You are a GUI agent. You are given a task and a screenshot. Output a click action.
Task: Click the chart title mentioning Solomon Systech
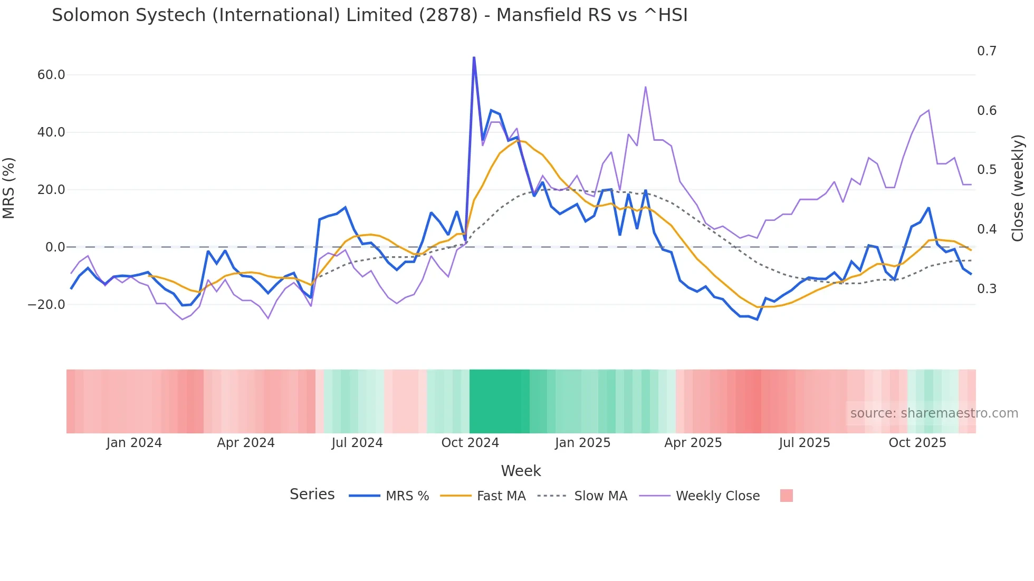[x=369, y=15]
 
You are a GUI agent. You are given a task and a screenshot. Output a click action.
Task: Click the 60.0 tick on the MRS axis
[x=51, y=75]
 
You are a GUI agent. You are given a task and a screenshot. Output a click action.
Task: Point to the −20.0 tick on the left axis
[x=47, y=305]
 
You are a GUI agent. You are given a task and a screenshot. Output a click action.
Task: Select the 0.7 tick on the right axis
[x=987, y=51]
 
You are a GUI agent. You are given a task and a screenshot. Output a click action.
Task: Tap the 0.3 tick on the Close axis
[x=987, y=289]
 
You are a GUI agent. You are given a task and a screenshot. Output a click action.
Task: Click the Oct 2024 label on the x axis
[x=470, y=443]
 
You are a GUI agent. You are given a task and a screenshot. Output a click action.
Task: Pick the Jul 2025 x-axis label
[x=804, y=443]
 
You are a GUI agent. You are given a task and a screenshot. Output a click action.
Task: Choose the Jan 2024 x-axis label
[x=134, y=443]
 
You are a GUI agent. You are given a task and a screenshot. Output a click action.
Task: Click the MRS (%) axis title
[x=8, y=188]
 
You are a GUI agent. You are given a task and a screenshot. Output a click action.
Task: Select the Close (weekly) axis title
[x=1018, y=188]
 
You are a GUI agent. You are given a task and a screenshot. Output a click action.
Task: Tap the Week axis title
[x=521, y=471]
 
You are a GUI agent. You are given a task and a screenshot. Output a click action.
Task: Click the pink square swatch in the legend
[x=786, y=496]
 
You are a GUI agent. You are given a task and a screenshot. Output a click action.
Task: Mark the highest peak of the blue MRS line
[x=474, y=57]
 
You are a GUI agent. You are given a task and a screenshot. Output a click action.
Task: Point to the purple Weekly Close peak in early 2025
[x=645, y=87]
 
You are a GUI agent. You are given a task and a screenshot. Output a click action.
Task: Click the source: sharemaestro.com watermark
[x=934, y=413]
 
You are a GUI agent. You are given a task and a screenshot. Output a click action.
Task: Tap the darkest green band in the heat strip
[x=499, y=401]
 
